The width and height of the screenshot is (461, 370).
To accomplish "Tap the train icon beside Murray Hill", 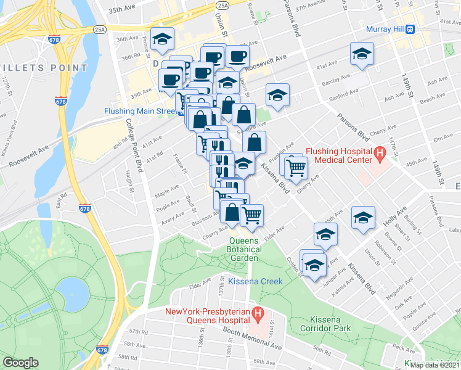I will pos(409,29).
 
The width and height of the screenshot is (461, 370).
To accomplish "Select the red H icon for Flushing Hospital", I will pos(380,153).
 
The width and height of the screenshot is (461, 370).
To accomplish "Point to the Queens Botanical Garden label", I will pos(245,249).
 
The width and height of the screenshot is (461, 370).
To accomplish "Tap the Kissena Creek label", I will pos(255,281).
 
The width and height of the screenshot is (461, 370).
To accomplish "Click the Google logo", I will pos(21,362).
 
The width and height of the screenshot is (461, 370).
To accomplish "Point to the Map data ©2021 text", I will pos(434,364).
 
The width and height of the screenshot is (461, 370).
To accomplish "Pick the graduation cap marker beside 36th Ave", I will pos(162,39).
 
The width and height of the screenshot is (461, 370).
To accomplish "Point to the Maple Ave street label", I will pos(166,194).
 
